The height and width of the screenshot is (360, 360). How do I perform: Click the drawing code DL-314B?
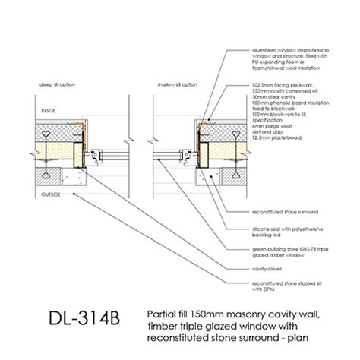(x=75, y=315)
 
